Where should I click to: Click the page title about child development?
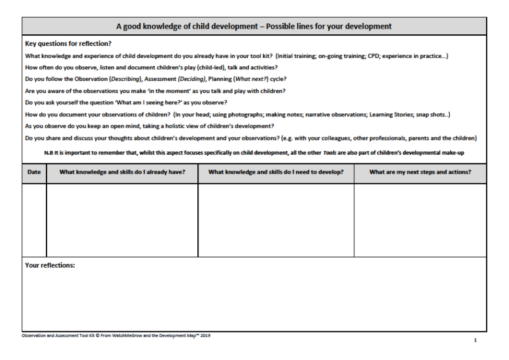[254, 26]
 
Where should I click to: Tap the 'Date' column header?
[34, 172]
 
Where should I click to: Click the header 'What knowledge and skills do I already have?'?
[122, 172]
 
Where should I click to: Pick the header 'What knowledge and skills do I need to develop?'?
[276, 172]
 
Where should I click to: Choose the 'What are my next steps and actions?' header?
[421, 172]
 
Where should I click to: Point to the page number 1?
[475, 340]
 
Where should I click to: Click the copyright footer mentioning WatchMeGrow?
[116, 335]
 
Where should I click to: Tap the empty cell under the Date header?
[34, 219]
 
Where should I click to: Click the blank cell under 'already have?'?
[122, 219]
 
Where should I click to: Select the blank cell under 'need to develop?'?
[276, 219]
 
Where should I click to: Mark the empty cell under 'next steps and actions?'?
[421, 219]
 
